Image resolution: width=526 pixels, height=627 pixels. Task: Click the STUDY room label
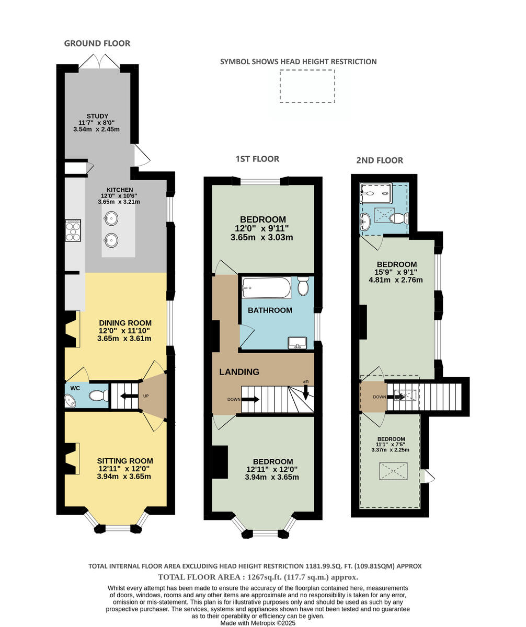(97, 116)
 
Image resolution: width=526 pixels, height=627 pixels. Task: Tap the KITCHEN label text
(119, 190)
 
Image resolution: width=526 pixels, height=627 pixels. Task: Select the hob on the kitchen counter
(73, 230)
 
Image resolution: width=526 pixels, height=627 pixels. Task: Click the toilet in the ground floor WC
(98, 396)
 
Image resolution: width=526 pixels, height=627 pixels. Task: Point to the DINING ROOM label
(125, 323)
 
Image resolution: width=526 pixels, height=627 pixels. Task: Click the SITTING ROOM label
(125, 461)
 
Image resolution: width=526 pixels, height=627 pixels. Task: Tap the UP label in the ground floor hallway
(146, 396)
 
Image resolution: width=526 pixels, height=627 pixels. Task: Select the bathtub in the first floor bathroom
(266, 287)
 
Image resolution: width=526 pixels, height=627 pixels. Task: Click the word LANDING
(239, 372)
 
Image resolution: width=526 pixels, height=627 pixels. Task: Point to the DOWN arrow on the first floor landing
(250, 400)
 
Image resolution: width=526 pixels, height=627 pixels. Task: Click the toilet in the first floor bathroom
(303, 286)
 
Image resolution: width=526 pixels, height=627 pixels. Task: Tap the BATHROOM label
(270, 310)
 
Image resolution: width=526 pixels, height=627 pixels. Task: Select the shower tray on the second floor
(376, 193)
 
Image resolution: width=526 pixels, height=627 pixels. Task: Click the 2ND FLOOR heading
(380, 160)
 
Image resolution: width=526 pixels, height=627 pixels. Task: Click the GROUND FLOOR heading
(97, 43)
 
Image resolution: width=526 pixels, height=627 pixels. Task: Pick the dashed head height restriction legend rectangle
(307, 86)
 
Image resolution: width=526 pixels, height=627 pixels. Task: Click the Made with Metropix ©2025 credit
(258, 623)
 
